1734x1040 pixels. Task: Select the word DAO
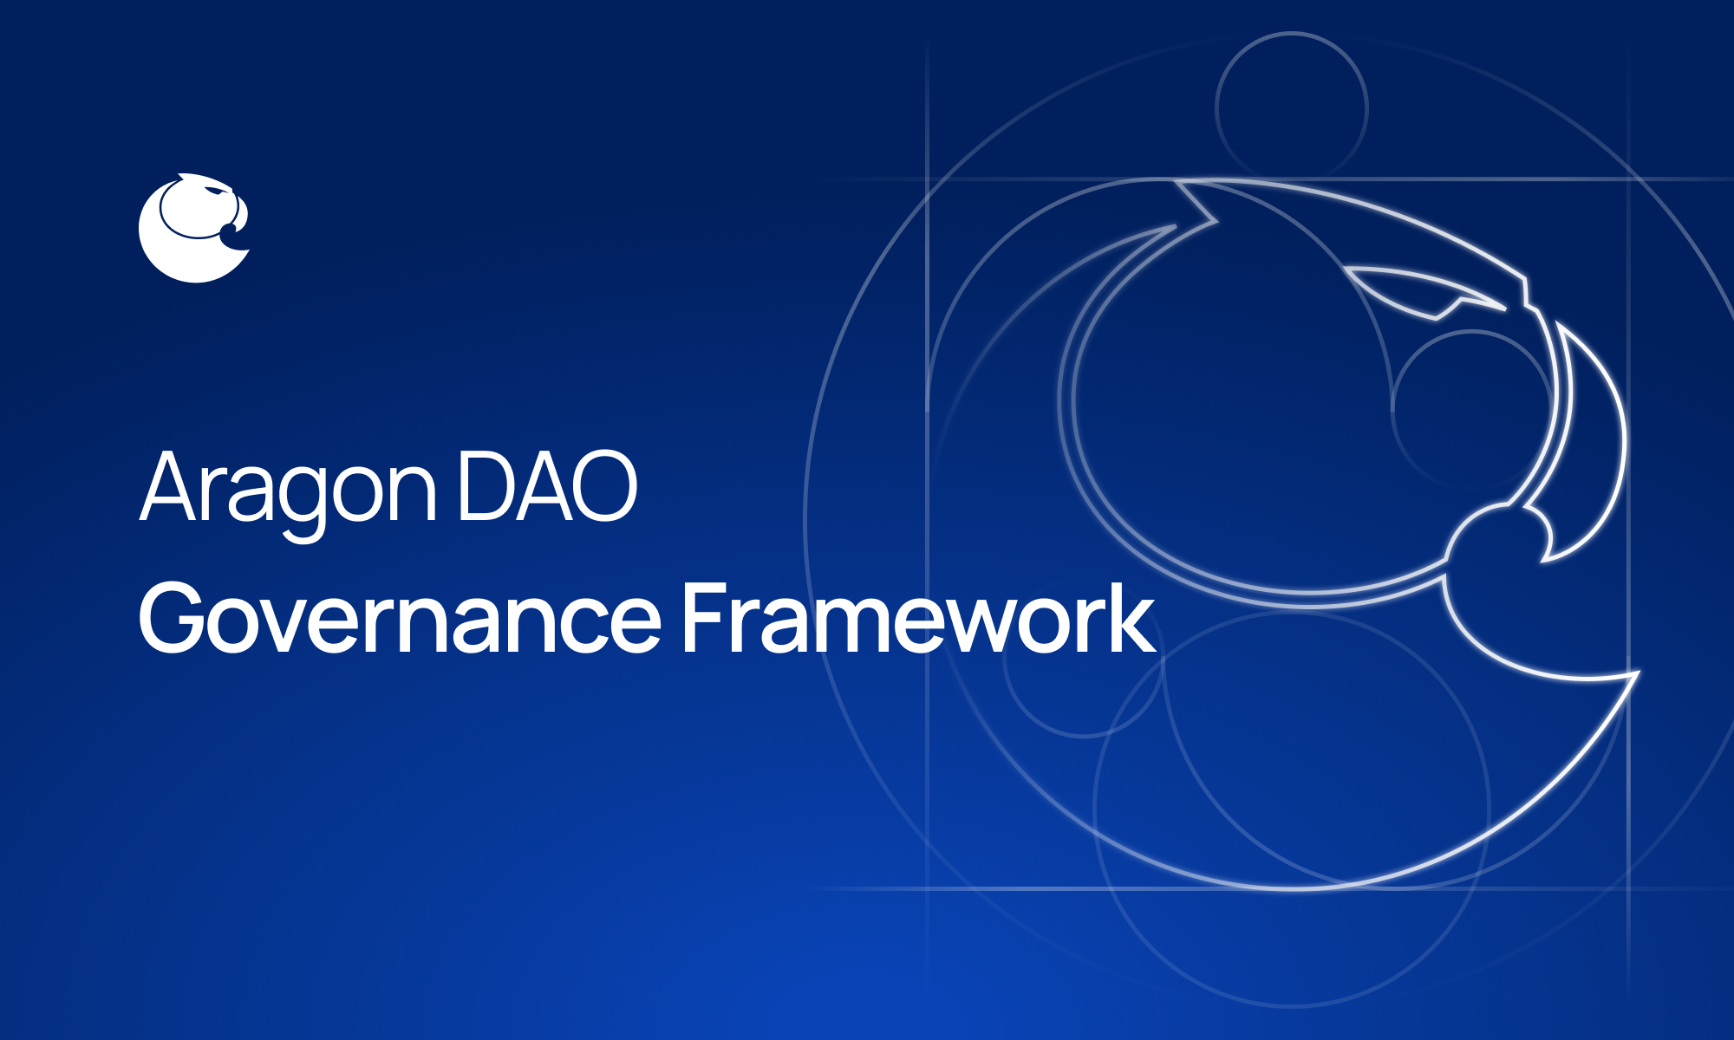click(x=547, y=487)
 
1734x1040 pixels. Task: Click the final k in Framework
click(x=1131, y=618)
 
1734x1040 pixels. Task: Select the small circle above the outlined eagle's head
click(x=1291, y=108)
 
